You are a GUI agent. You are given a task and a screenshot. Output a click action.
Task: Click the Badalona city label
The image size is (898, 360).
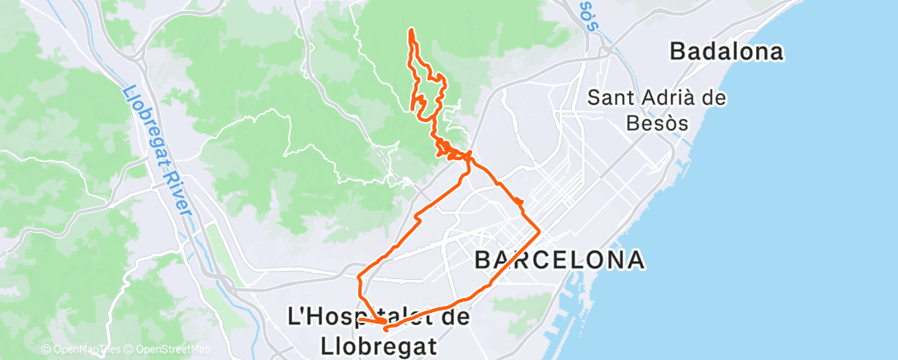[726, 52]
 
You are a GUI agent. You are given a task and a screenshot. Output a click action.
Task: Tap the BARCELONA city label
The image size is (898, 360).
[560, 261]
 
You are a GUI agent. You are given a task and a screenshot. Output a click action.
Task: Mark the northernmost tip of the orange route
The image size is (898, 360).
[411, 30]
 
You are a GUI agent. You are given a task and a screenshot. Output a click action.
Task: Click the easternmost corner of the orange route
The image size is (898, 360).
[540, 229]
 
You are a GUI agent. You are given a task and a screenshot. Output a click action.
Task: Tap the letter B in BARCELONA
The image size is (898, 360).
[484, 261]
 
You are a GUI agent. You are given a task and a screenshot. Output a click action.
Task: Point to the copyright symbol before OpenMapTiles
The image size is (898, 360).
[45, 350]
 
